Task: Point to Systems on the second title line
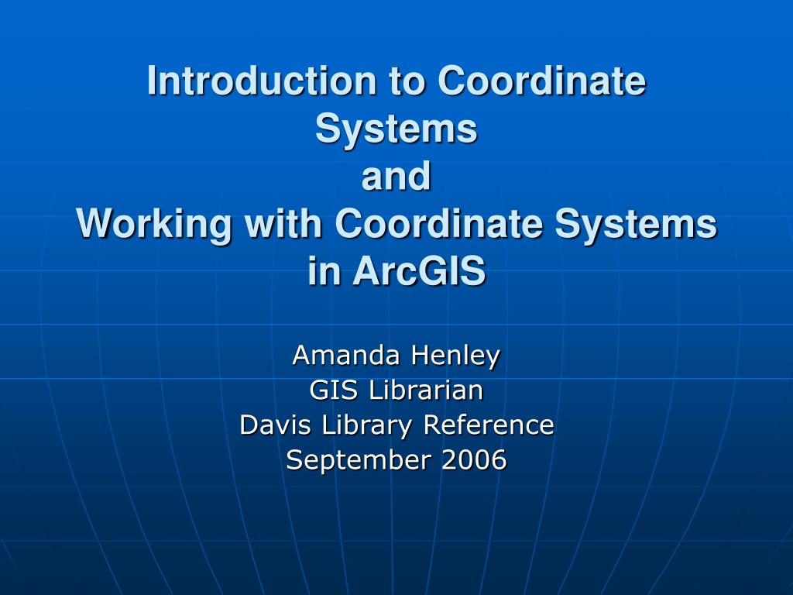click(396, 129)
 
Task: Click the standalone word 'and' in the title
click(396, 177)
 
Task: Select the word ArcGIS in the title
click(420, 272)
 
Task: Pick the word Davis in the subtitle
click(268, 425)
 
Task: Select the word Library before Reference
click(359, 425)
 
